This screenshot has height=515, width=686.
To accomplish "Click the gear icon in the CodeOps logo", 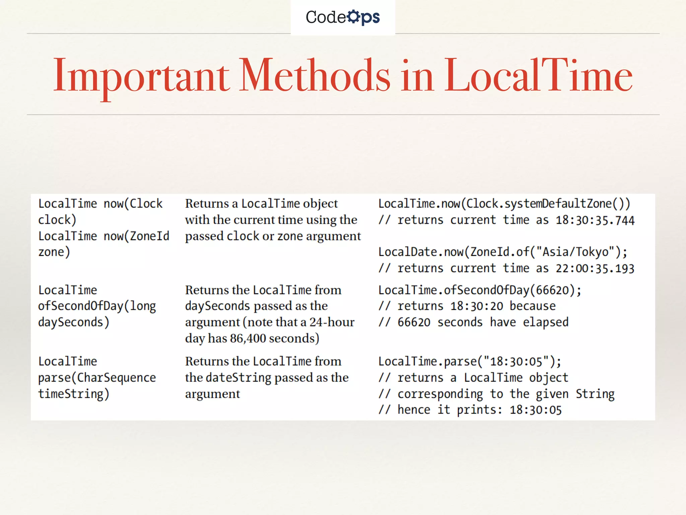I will coord(353,16).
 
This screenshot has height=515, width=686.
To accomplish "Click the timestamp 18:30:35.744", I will coord(595,220).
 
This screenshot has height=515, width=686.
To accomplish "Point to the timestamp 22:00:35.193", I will coord(595,269).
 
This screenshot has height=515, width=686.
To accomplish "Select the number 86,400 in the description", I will coord(248,338).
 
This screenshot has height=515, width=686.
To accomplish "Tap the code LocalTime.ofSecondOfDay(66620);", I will coord(480,290).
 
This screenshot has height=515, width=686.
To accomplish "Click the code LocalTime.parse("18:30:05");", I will coord(470,361).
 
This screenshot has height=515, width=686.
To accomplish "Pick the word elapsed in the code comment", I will coord(546,322).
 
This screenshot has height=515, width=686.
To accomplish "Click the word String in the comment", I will coord(595,394).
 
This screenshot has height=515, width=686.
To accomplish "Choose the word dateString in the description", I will coord(238,378).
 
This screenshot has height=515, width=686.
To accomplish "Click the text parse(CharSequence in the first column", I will coord(97,378).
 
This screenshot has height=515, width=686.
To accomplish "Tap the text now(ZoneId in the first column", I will coord(136,236).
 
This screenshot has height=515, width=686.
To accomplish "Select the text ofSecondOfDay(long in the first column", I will coord(97,306).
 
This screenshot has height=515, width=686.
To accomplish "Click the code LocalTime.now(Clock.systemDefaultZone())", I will coord(504,204).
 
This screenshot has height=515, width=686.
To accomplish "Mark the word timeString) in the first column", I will coord(74,394).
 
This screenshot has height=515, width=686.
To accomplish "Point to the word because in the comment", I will coord(533,306).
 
